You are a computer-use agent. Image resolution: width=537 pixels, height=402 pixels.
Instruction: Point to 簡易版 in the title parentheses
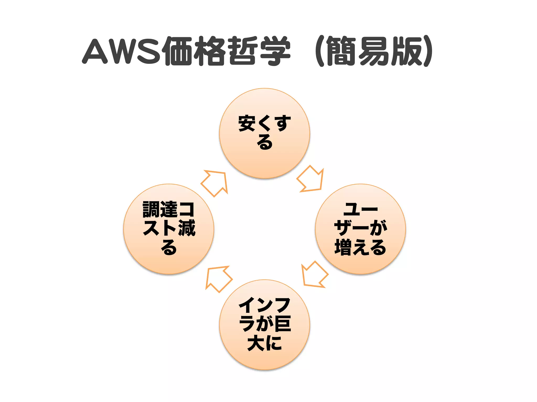(x=375, y=51)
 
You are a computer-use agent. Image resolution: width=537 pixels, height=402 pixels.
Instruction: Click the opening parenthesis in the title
(x=319, y=51)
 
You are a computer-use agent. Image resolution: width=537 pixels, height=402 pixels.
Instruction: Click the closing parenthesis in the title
(x=427, y=51)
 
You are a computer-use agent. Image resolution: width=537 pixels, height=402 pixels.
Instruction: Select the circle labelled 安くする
(x=265, y=133)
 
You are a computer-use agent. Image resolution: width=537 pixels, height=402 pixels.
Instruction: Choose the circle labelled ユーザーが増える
(x=361, y=229)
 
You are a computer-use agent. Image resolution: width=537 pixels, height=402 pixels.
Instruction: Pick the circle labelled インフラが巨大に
(x=265, y=325)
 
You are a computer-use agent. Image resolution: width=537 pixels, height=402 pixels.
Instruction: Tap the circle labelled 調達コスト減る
(x=169, y=229)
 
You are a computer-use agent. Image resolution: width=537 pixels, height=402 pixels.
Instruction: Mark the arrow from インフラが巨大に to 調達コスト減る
(x=218, y=278)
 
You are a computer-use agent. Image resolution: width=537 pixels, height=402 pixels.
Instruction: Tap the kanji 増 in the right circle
(x=343, y=247)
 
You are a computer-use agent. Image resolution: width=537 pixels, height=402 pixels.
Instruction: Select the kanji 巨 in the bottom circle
(x=282, y=324)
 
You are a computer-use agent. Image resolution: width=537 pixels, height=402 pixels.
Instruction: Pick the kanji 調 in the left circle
(x=151, y=209)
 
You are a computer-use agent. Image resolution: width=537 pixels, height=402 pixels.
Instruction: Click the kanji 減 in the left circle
(x=187, y=228)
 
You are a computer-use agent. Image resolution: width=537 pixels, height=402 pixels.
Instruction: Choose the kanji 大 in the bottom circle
(x=256, y=343)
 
